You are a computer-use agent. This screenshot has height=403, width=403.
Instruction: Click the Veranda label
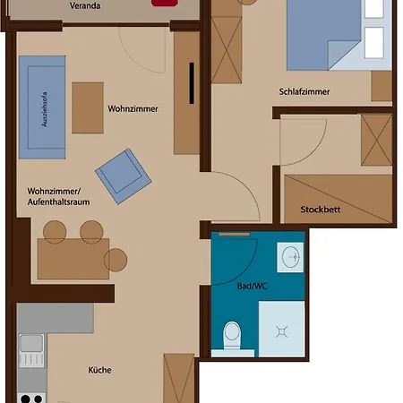[85, 5]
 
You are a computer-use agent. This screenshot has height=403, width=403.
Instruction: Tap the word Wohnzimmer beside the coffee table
[133, 108]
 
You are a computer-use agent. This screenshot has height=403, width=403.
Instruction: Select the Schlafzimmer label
[304, 91]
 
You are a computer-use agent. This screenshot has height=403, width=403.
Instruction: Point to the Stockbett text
[321, 210]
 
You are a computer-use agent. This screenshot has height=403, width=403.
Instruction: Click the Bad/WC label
[252, 286]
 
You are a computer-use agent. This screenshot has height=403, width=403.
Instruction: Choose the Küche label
[99, 370]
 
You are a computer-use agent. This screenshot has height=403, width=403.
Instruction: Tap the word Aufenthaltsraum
[58, 202]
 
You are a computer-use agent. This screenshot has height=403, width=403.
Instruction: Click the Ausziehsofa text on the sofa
[44, 109]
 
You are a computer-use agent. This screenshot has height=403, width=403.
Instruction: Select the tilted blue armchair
[124, 176]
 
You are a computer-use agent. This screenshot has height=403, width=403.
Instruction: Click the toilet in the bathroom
[232, 335]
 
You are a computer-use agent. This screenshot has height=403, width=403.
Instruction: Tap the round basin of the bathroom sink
[290, 256]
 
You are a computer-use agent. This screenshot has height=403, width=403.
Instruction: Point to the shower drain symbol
[282, 331]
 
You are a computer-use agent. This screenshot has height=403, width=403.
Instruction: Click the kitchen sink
[31, 350]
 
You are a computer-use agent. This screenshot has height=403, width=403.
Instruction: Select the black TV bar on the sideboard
[192, 83]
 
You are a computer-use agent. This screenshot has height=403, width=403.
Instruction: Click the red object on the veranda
[165, 3]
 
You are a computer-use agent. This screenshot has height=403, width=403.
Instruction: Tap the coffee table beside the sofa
[88, 107]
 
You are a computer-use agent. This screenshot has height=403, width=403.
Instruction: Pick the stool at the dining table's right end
[116, 260]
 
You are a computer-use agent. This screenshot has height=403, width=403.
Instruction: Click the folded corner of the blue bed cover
[343, 54]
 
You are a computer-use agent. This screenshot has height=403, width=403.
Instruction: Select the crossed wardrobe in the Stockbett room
[376, 140]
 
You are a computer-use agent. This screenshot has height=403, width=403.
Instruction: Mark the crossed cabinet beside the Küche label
[179, 378]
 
